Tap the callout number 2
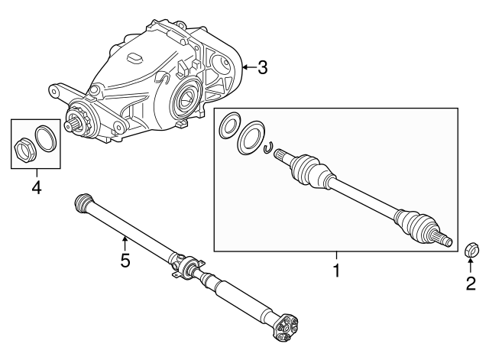tap(471, 284)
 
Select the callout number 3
tap(263, 67)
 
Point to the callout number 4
tap(37, 187)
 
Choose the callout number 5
tap(125, 260)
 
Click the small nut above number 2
tap(470, 250)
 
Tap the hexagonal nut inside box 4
tap(25, 149)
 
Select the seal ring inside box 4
tap(45, 138)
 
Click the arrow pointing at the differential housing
tap(250, 67)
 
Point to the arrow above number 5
tap(125, 244)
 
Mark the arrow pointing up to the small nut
tap(471, 265)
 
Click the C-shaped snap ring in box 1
tap(268, 148)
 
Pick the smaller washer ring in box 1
tap(230, 125)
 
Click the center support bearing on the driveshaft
tap(189, 267)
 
